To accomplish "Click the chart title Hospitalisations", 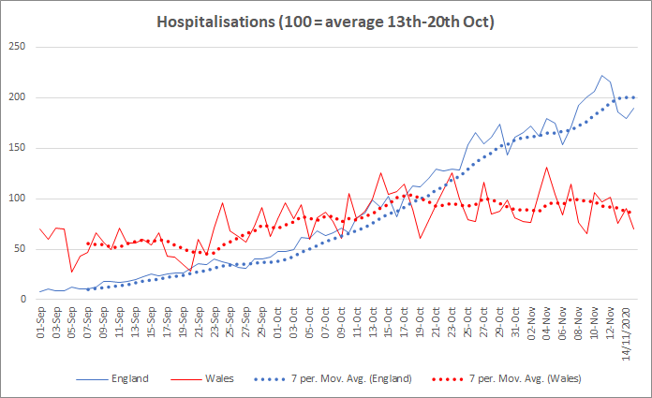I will tap(325, 21).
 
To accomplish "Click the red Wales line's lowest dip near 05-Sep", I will tap(72, 273).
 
